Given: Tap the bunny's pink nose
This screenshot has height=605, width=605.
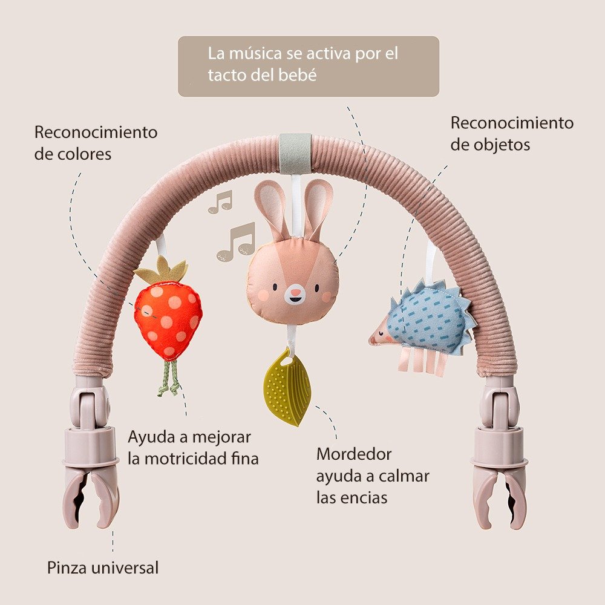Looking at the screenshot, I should tap(295, 293).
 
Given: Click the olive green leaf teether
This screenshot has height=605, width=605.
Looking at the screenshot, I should tap(287, 388).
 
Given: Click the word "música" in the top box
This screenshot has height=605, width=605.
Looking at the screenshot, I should tap(254, 53).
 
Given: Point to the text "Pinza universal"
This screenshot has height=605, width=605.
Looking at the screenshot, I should tap(103, 568).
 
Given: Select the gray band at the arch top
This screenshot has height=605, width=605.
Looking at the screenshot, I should tap(295, 152).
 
